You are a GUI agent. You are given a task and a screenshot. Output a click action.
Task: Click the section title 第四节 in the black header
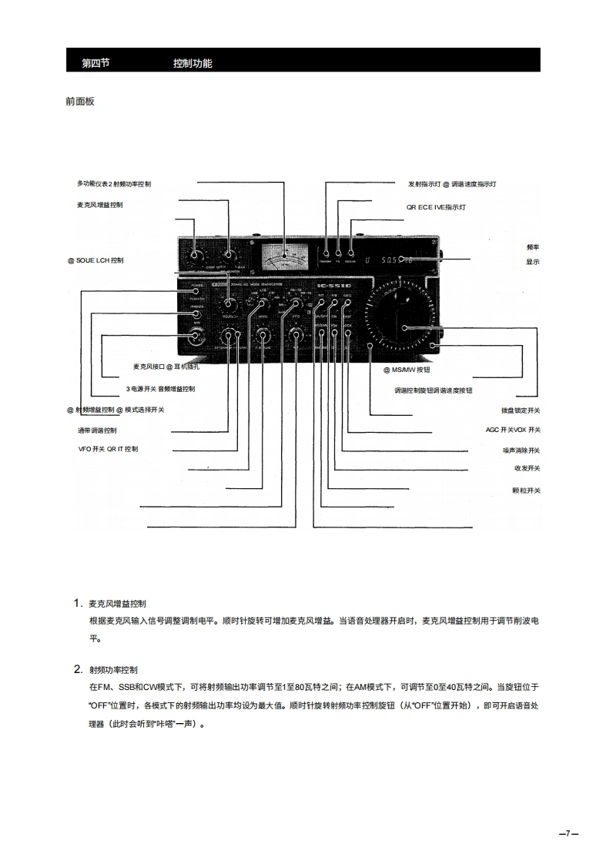95,62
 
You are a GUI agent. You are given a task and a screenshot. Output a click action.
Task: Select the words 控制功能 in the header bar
193,63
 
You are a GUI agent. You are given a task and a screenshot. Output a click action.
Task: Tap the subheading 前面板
80,102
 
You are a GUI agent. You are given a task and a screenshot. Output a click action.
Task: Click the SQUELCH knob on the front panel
229,305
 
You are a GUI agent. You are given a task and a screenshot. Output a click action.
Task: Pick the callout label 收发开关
528,468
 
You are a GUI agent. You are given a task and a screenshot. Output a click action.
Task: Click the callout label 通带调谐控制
97,430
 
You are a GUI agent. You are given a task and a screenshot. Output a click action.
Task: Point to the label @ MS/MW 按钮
407,370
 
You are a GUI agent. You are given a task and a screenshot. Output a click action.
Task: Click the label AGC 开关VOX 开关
513,430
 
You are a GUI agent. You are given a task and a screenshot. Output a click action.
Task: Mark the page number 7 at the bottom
568,833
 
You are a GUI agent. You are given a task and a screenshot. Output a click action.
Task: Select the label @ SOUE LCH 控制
95,260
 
